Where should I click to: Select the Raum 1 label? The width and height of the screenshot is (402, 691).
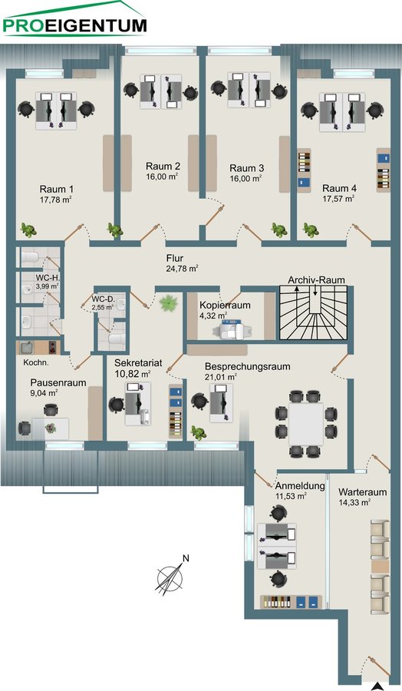click(56, 189)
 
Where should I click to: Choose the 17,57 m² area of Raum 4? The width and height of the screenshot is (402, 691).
click(338, 198)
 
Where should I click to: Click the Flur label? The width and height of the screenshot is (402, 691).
click(175, 258)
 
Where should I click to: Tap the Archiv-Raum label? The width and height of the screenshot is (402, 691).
click(316, 279)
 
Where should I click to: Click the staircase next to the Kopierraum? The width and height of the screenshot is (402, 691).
click(314, 312)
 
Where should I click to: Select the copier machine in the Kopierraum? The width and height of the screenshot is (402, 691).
click(231, 329)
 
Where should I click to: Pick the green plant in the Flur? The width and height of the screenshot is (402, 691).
click(168, 303)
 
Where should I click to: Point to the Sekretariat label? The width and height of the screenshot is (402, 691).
click(138, 363)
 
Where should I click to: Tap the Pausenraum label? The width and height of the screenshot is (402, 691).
click(58, 382)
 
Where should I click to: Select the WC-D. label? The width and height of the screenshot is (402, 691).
click(103, 299)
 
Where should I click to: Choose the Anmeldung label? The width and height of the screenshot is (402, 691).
click(300, 486)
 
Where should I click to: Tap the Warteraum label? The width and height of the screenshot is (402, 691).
click(363, 492)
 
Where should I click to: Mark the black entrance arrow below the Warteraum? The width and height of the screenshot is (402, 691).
click(376, 685)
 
